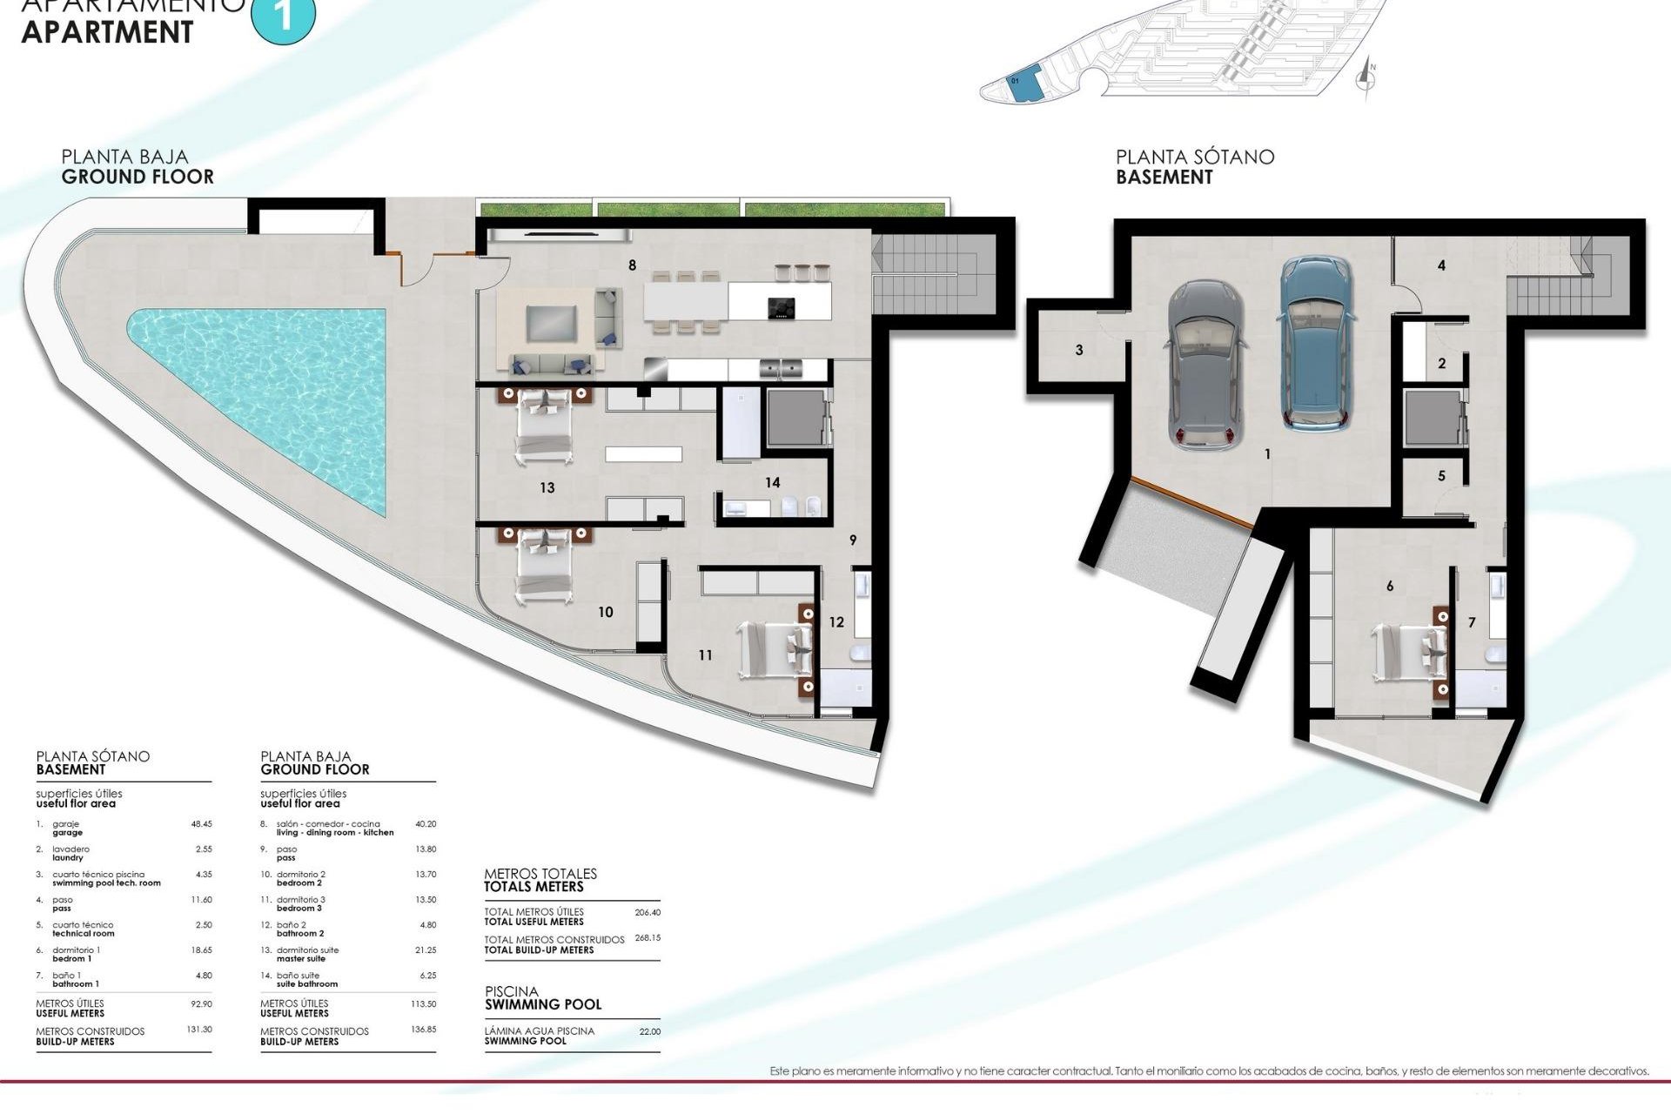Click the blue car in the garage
1317,344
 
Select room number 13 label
547,487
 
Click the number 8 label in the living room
632,265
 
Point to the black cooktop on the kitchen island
781,306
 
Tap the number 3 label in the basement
1079,350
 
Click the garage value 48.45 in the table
201,823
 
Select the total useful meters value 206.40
648,913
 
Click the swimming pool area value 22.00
650,1031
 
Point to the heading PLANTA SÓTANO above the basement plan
1194,158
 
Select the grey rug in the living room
551,324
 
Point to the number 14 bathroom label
772,482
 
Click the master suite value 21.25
426,950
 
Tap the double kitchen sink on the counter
779,368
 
